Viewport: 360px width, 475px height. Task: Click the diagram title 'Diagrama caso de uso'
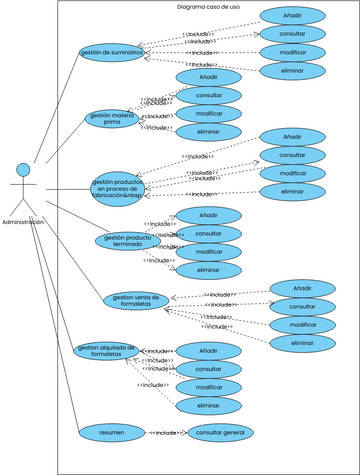(207, 7)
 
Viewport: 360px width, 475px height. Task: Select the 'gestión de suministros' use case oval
(111, 51)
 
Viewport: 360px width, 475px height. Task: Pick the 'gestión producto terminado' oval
(126, 241)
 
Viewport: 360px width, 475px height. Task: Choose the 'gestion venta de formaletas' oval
(135, 300)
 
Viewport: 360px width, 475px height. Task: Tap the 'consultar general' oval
(221, 432)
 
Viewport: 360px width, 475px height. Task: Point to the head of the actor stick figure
(23, 169)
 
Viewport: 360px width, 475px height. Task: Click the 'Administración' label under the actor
(23, 222)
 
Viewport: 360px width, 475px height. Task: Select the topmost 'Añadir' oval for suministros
(292, 15)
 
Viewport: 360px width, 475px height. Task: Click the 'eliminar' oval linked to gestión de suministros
(292, 71)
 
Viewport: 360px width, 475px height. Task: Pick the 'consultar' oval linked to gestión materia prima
(209, 95)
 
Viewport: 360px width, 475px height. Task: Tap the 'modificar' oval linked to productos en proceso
(292, 173)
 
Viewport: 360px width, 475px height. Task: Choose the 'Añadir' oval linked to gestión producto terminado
(209, 215)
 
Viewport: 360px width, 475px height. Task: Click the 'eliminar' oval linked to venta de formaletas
(302, 343)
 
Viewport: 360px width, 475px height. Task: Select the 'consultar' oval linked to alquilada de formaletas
(209, 369)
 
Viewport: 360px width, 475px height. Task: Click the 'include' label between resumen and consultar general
(167, 433)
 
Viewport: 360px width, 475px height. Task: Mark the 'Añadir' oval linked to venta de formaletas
(302, 288)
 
